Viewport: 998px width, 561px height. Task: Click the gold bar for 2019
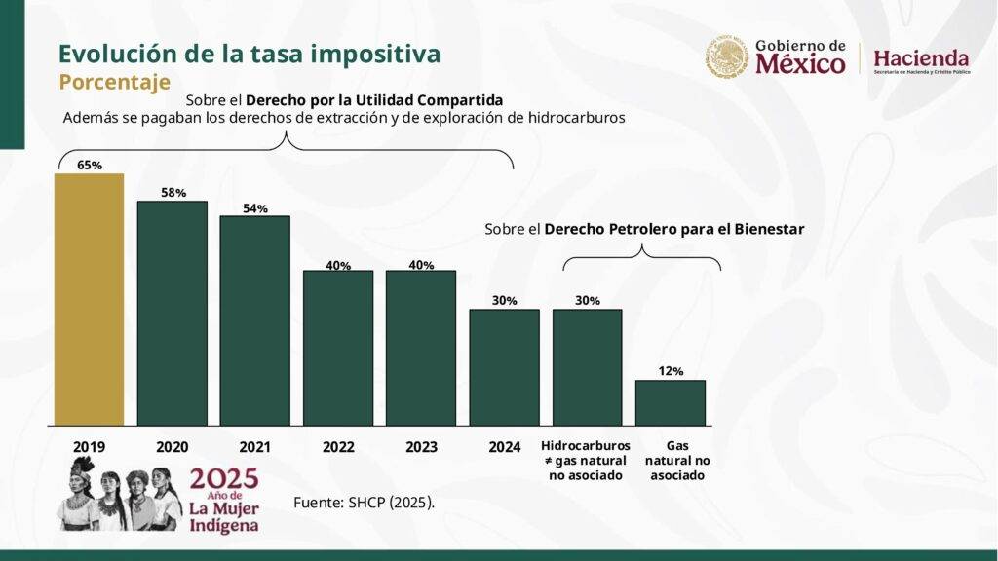click(x=89, y=299)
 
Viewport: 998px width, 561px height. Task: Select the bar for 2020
click(x=173, y=313)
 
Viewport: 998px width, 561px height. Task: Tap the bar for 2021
click(x=255, y=320)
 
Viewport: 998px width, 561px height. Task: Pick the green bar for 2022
click(x=338, y=348)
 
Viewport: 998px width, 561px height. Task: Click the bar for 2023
click(x=421, y=348)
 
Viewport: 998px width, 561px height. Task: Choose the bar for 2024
click(x=504, y=367)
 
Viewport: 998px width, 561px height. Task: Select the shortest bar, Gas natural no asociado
click(x=671, y=402)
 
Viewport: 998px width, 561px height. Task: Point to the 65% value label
click(x=90, y=165)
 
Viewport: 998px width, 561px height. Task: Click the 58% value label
click(x=173, y=192)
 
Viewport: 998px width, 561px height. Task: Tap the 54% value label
click(x=255, y=207)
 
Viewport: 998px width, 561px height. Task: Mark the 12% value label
click(x=671, y=371)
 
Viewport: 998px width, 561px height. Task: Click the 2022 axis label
click(x=338, y=447)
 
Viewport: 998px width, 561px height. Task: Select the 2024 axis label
click(x=504, y=447)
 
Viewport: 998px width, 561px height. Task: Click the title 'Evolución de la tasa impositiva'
click(x=249, y=53)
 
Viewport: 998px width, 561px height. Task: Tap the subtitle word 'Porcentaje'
click(x=114, y=81)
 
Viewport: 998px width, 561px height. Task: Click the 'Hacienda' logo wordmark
click(x=921, y=57)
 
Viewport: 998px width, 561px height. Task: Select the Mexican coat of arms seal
click(x=727, y=57)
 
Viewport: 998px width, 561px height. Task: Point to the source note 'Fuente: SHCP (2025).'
click(x=364, y=503)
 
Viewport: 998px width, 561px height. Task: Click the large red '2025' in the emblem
click(x=224, y=479)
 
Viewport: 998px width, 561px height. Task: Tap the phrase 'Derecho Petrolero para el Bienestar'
click(x=674, y=230)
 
